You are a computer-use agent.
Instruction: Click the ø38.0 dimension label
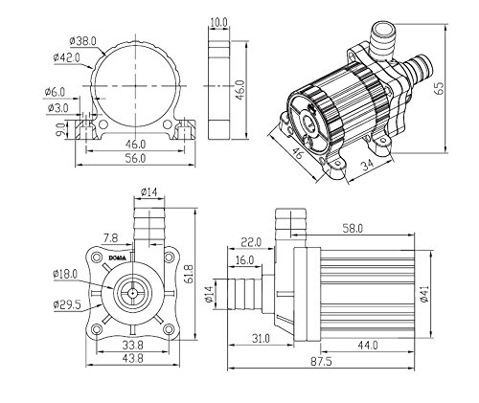pos(82,41)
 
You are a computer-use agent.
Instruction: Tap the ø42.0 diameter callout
pos(67,57)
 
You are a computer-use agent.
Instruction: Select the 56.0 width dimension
pos(135,158)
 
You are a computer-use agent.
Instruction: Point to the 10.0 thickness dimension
pos(218,22)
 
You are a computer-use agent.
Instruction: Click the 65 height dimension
pos(439,88)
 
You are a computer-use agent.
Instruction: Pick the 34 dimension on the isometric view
pos(367,165)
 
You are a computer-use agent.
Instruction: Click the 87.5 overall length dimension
pos(321,362)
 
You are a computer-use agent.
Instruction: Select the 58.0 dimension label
pos(353,229)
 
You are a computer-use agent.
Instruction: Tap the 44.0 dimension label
pos(368,345)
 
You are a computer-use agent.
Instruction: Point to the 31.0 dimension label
pos(261,338)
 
